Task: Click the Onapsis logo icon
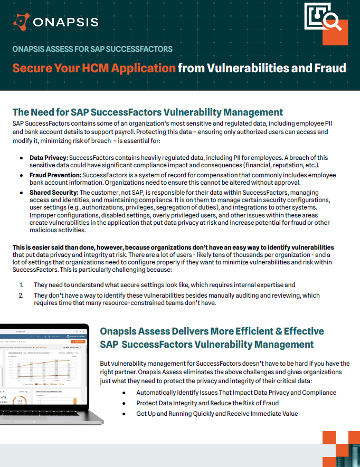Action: pyautogui.click(x=21, y=22)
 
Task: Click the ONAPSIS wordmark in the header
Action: pyautogui.click(x=65, y=22)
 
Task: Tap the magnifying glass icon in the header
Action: pyautogui.click(x=331, y=22)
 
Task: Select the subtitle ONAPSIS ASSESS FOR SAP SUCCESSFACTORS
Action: pyautogui.click(x=92, y=49)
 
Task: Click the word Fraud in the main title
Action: pyautogui.click(x=329, y=68)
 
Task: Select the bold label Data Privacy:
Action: pyautogui.click(x=48, y=158)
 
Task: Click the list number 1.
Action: pyautogui.click(x=21, y=285)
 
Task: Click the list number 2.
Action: pyautogui.click(x=21, y=296)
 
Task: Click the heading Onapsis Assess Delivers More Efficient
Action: pyautogui.click(x=212, y=331)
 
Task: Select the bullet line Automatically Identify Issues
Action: pyautogui.click(x=236, y=393)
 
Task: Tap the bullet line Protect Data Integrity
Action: pyautogui.click(x=207, y=403)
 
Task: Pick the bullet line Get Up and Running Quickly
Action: pyautogui.click(x=217, y=413)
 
